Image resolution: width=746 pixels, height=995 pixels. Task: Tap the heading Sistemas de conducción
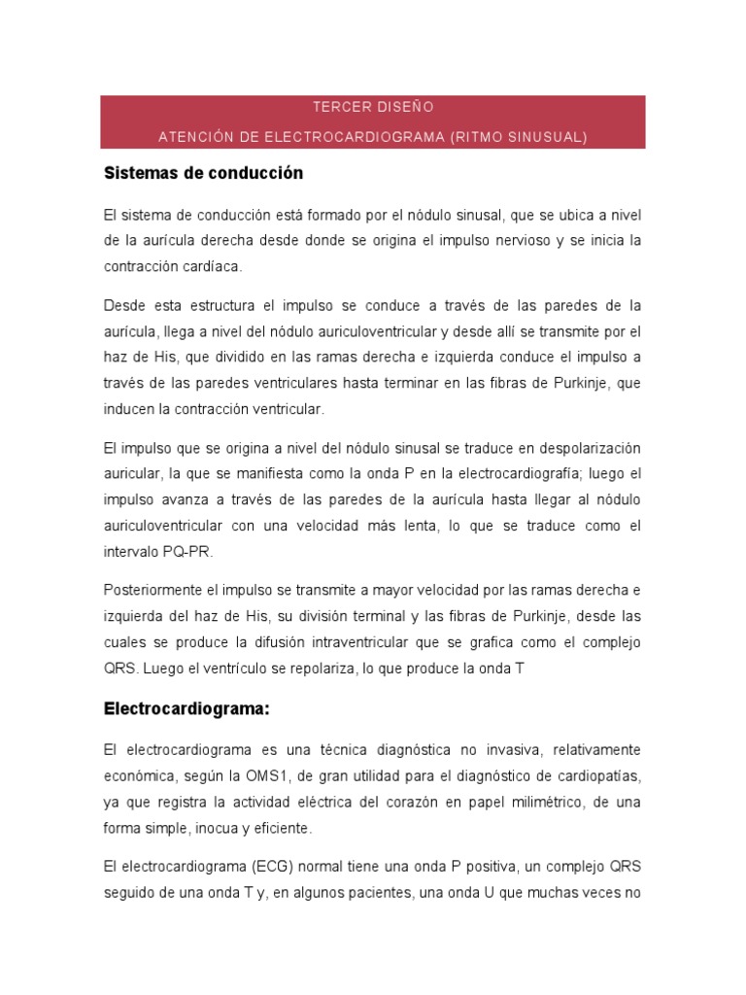[x=203, y=173]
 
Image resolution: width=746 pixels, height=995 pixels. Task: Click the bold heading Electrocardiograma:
[x=186, y=708]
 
